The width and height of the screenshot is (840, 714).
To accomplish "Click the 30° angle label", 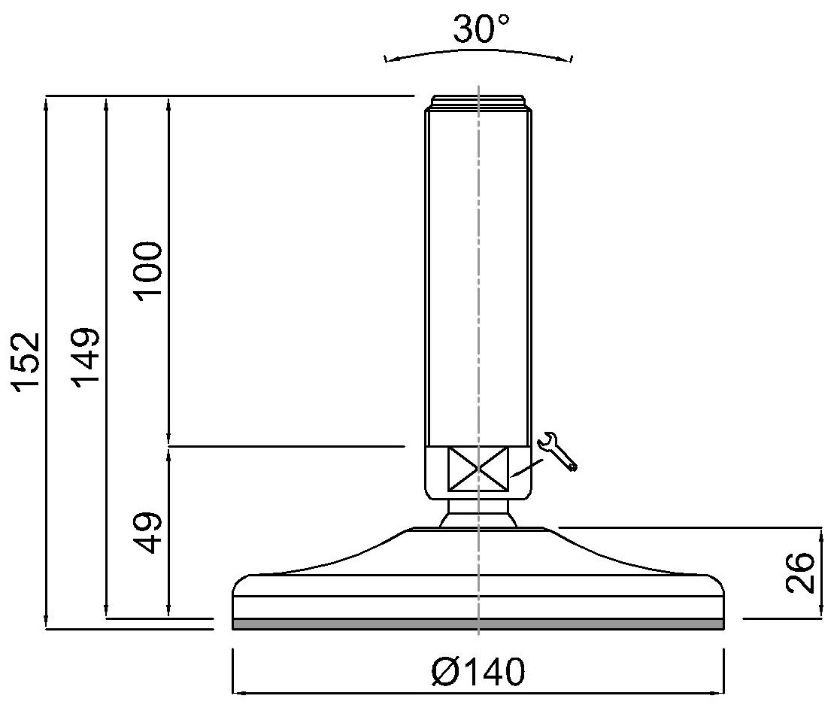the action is coord(481,29).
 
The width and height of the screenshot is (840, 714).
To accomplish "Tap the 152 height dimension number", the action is coord(27,363).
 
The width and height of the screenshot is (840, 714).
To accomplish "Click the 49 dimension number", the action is coord(148,532).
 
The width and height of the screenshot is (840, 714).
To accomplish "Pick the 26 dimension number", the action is coord(800,573).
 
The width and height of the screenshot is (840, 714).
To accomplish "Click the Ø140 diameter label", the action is coord(478,672).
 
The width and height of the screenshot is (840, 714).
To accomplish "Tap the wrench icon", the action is coord(557,451).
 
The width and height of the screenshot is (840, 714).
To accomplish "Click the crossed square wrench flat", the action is coord(478,469).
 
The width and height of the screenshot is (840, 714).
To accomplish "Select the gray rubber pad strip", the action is coord(478,624).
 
